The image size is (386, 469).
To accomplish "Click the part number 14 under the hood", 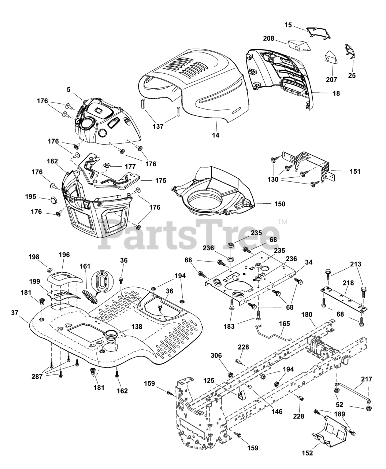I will (x=216, y=135).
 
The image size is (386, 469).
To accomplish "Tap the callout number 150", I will (x=279, y=204).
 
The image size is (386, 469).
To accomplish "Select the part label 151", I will (x=355, y=171).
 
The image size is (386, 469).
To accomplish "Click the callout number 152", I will (x=308, y=453).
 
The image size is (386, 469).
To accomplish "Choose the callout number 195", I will (x=31, y=197).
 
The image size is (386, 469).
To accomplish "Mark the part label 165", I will (x=284, y=324).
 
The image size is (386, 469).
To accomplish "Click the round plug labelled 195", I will (x=53, y=200).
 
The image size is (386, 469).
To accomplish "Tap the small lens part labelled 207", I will (x=331, y=58).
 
